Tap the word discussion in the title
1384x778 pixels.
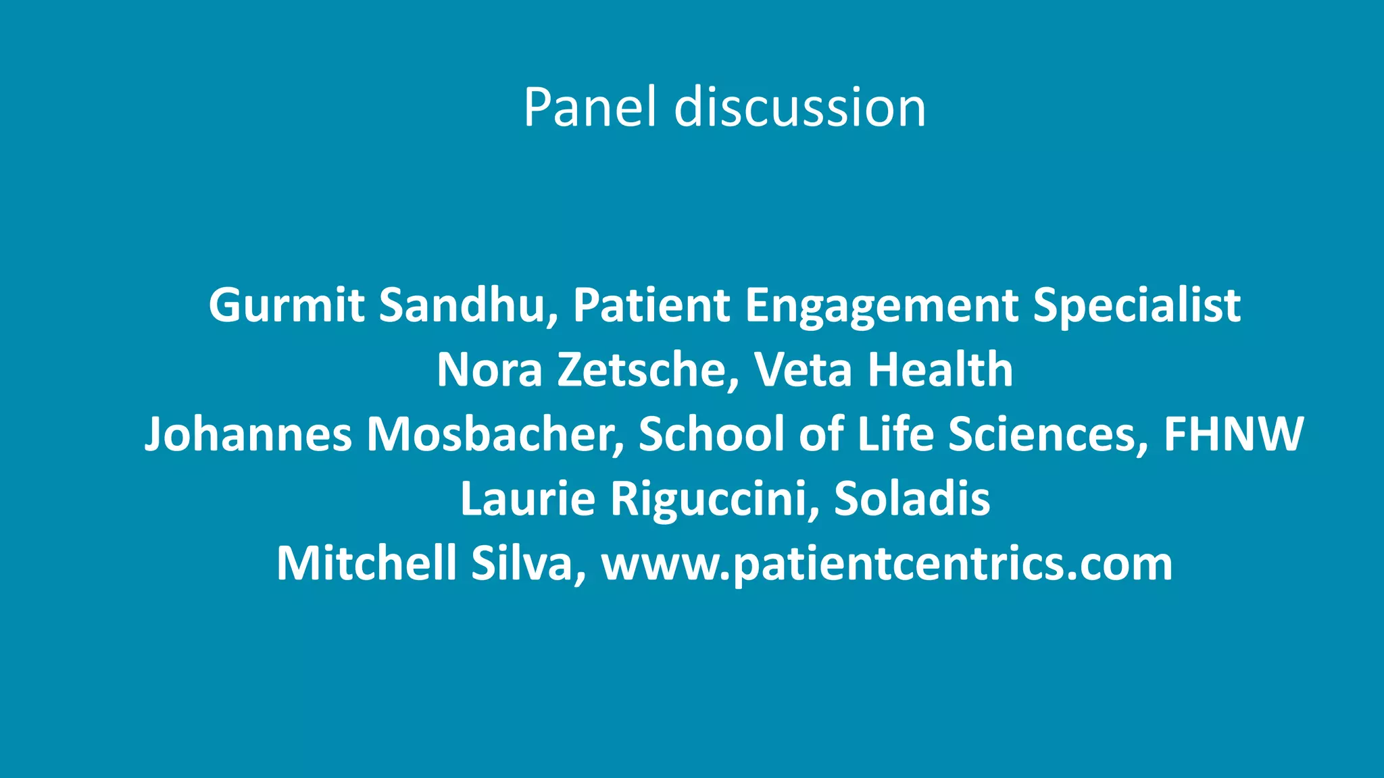pos(800,108)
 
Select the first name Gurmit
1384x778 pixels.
pos(287,305)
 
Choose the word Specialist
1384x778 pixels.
pos(1137,305)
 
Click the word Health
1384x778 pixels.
pos(940,370)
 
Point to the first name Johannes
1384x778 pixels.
pos(248,434)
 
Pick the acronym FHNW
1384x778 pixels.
pos(1233,434)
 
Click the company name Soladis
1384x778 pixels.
pos(912,499)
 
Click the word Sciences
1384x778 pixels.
pos(1048,434)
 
